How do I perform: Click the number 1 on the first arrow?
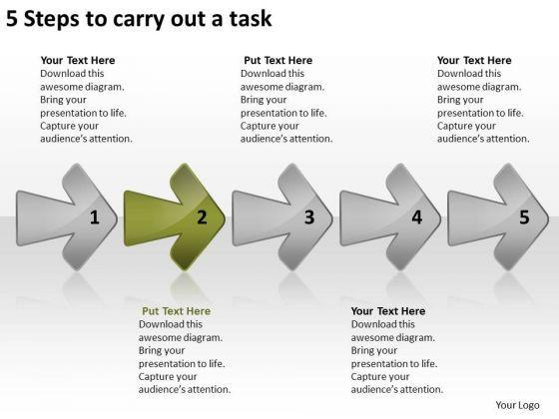coord(95,217)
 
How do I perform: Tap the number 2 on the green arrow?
coord(202,217)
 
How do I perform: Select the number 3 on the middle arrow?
coord(309,217)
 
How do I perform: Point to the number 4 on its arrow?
coord(417,217)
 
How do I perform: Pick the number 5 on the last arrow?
coord(524,217)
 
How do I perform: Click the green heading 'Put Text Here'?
coord(176,311)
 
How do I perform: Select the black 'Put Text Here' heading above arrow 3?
coord(279,60)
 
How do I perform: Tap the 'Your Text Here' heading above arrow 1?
coord(78,60)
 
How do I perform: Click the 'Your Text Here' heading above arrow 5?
coord(474,60)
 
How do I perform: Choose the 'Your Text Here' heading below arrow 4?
coord(388,311)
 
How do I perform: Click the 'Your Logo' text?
coord(517,405)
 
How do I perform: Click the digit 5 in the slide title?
coord(12,19)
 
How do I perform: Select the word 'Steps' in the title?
coord(51,20)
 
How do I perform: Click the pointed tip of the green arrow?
coord(225,218)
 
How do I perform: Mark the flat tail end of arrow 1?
coord(16,218)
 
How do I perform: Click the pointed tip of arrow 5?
coord(548,218)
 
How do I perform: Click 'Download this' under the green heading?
coord(171,324)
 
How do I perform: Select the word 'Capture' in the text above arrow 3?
coord(258,126)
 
